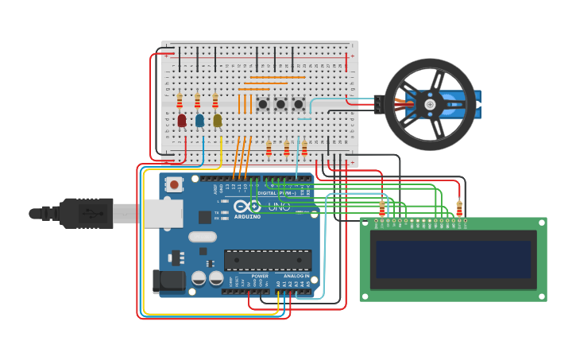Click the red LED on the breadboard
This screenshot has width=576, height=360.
[182, 120]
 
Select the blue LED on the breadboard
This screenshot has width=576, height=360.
[199, 120]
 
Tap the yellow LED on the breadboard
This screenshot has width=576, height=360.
[217, 120]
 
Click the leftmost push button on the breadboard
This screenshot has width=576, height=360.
[262, 104]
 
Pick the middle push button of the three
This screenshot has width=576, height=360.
[280, 104]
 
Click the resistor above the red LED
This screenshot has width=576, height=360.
[180, 100]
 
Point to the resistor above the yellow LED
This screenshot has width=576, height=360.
[215, 100]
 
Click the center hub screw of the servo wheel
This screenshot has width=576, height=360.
[430, 104]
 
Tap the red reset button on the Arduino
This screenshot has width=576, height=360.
[174, 184]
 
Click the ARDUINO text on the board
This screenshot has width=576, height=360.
[247, 216]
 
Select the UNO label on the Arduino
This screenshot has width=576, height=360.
[279, 207]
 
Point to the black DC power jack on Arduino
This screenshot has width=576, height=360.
[168, 281]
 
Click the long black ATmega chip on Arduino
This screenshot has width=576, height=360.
[267, 260]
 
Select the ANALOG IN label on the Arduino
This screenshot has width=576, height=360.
[296, 277]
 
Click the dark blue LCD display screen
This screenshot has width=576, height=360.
[453, 259]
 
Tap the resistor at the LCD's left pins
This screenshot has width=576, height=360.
[382, 208]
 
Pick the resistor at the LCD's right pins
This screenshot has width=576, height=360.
[459, 208]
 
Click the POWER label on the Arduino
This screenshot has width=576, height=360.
[260, 277]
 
